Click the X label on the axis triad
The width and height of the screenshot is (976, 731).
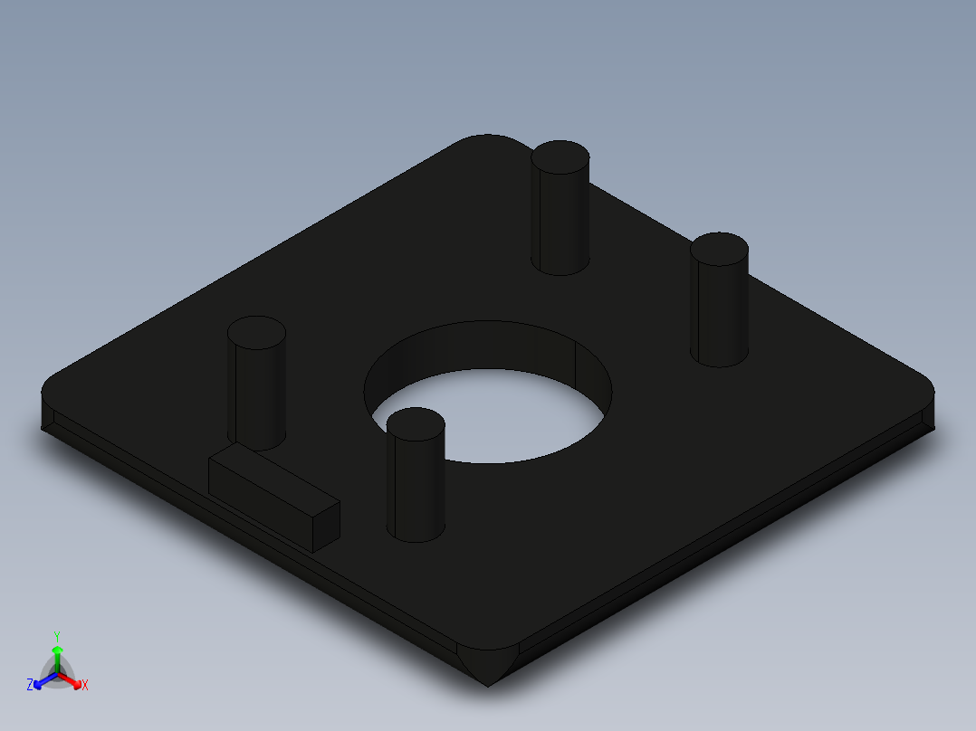(85, 686)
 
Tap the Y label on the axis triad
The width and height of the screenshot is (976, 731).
(57, 636)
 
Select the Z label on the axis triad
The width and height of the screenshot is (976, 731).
(30, 686)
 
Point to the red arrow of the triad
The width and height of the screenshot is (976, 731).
(73, 680)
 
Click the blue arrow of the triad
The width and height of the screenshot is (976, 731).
(41, 681)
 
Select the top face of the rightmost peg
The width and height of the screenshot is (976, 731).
(719, 249)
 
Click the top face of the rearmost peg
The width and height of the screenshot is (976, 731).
(560, 157)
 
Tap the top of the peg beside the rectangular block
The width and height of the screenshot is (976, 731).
(256, 333)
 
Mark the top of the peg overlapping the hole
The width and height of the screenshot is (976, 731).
(416, 424)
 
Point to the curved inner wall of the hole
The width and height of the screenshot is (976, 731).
(471, 348)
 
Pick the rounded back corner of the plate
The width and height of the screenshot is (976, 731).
(487, 140)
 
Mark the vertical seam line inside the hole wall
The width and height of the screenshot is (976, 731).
(576, 359)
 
